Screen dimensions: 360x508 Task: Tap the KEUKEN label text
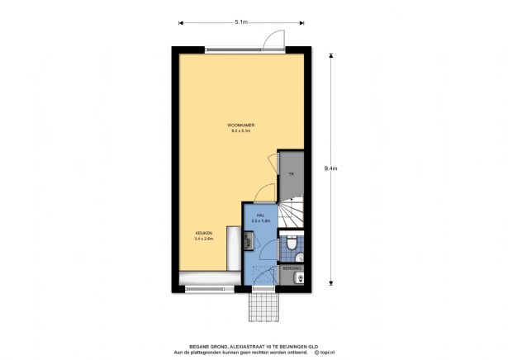point(204,234)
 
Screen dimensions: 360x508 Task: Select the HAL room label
point(260,215)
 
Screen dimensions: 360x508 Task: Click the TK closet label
point(291,174)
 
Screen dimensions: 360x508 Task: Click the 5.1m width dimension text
point(240,22)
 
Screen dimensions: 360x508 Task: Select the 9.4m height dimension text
point(330,168)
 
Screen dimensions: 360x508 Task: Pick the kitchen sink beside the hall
point(247,240)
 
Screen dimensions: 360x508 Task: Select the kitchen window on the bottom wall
point(211,288)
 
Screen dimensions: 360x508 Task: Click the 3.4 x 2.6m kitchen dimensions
point(204,239)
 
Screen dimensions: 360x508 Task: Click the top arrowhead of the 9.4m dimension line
point(330,54)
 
